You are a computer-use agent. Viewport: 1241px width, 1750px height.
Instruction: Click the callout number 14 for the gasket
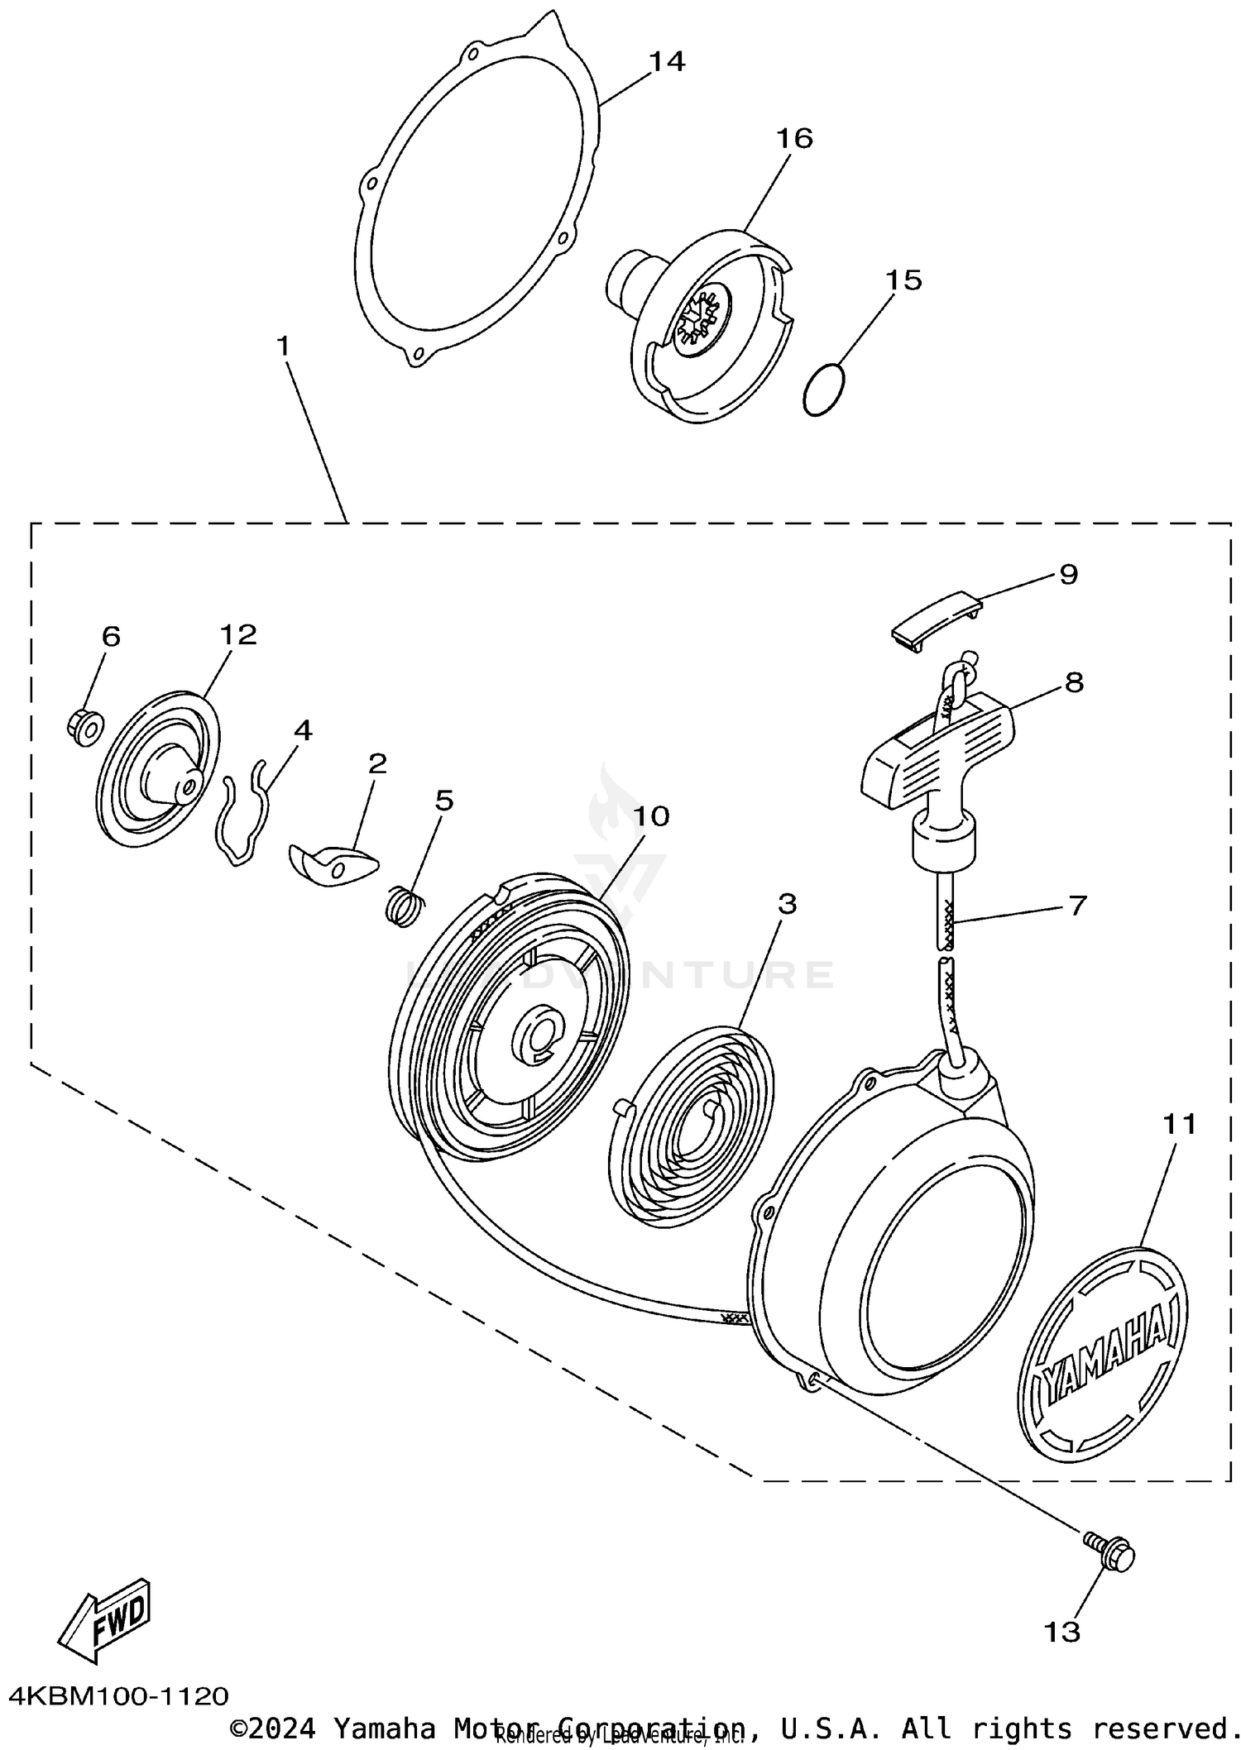[667, 62]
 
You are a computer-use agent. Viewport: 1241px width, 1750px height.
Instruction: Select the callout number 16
[794, 138]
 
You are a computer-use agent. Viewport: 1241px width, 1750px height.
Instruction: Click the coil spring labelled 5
[406, 906]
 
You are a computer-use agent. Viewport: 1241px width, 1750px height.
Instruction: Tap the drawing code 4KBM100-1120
[117, 1695]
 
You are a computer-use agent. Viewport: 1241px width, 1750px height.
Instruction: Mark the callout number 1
[284, 347]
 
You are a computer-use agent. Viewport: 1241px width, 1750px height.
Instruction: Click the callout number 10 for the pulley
[650, 817]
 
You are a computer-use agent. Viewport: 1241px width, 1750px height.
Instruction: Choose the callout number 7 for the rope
[1076, 906]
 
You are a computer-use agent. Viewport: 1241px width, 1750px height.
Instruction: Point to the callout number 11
[1179, 1125]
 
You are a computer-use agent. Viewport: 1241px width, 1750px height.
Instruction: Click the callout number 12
[238, 634]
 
